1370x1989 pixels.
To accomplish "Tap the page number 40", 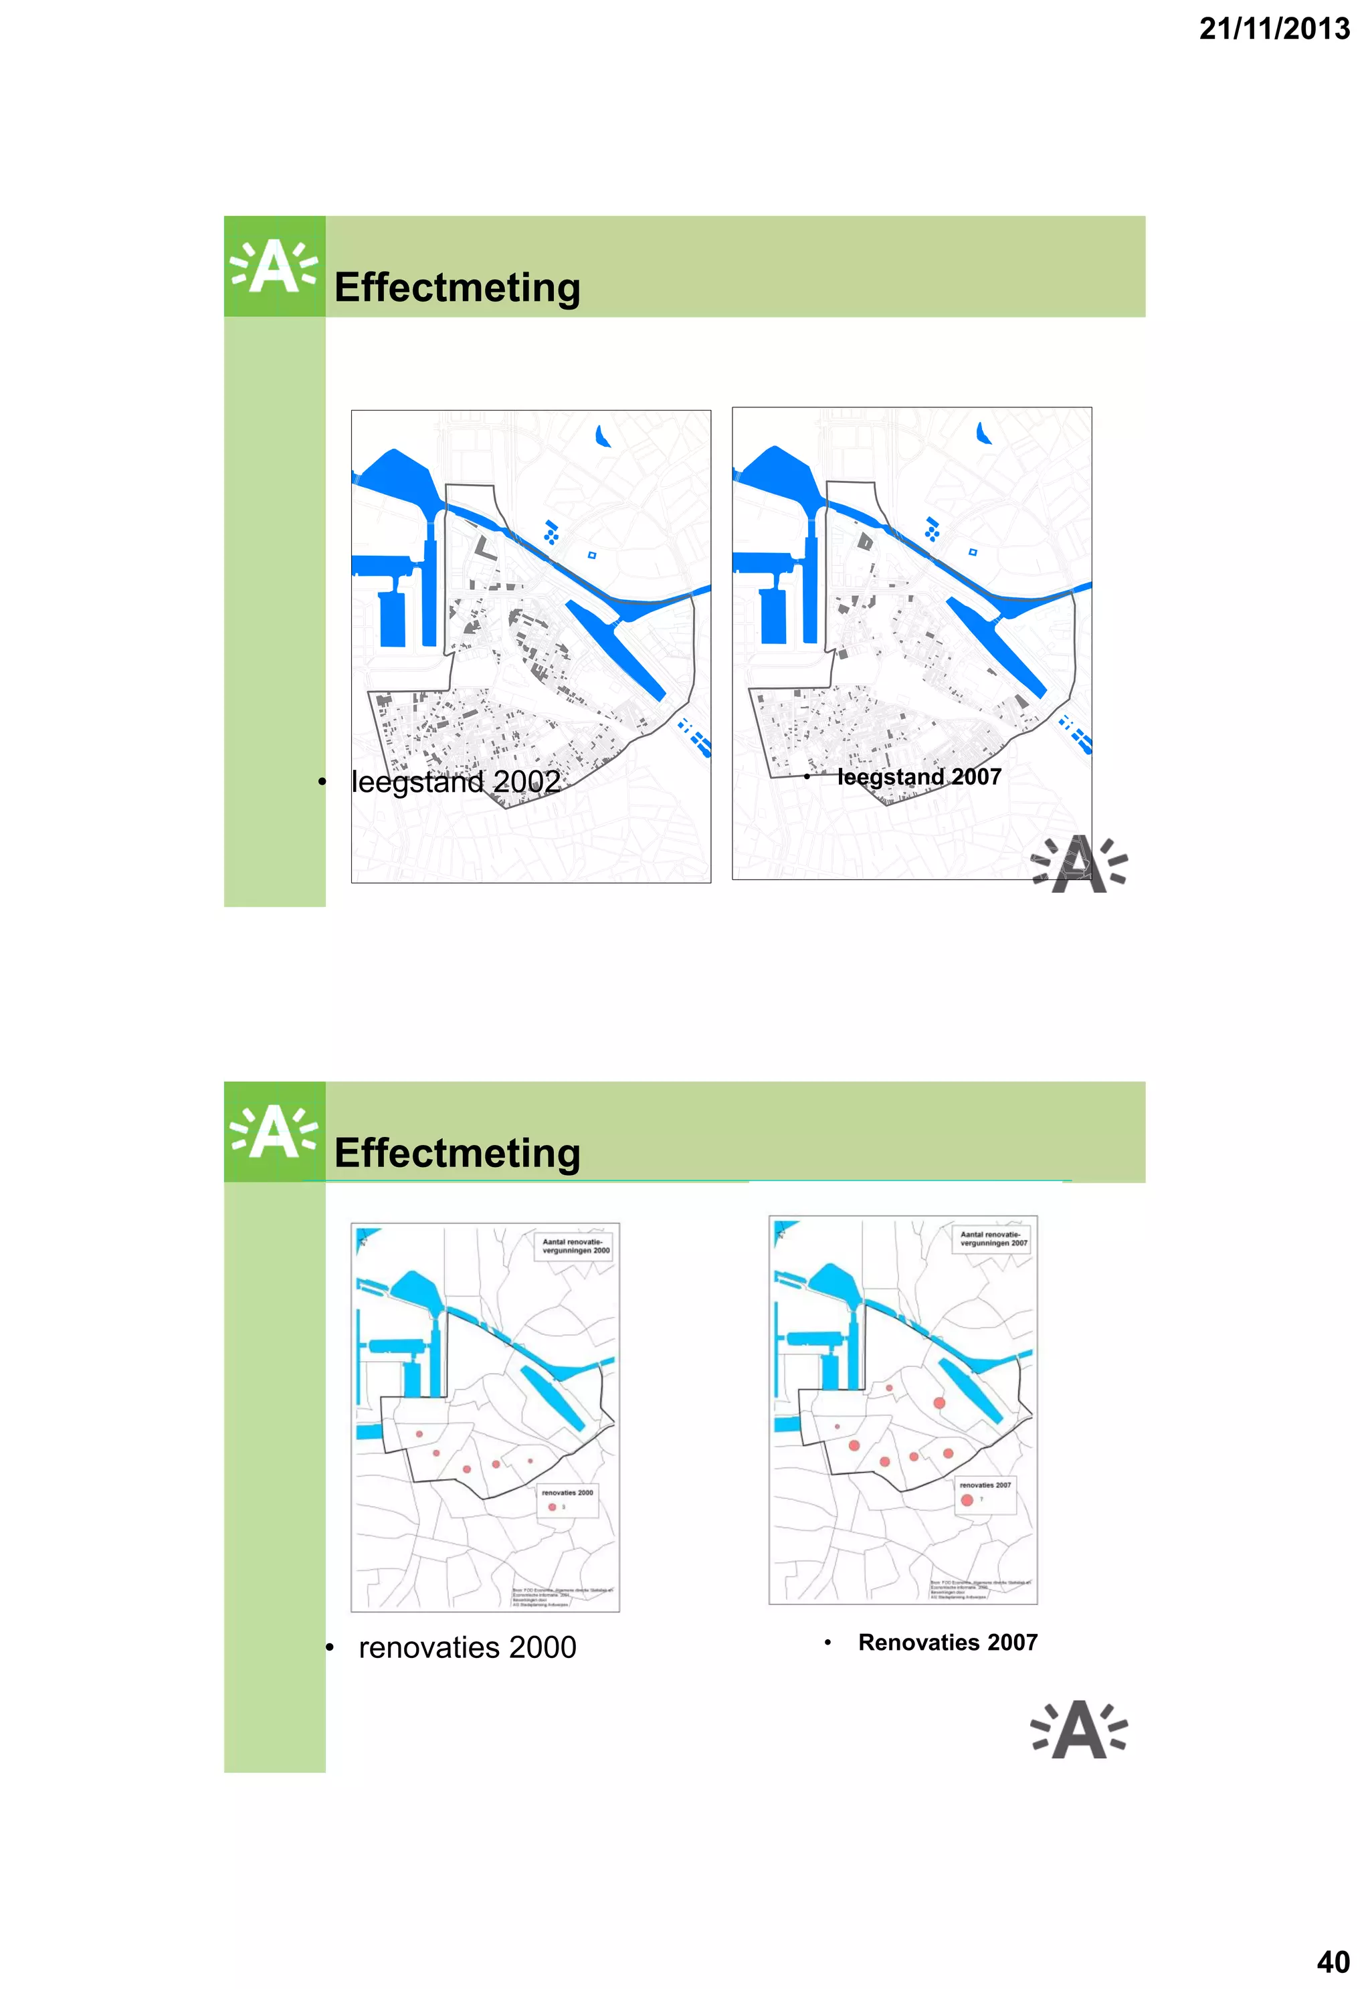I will pos(1333,1962).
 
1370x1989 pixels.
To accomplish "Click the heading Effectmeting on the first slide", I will pos(457,288).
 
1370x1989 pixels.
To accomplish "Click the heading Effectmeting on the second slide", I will pos(457,1152).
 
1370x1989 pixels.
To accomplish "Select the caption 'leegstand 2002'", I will pos(456,782).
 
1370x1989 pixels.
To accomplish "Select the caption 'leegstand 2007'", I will pos(918,776).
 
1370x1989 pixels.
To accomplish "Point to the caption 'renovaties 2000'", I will pos(467,1647).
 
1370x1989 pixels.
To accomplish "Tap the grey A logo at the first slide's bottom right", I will pos(1079,864).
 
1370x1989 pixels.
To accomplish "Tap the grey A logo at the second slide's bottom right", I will pos(1079,1730).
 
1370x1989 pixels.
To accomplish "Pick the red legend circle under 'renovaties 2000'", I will pos(552,1507).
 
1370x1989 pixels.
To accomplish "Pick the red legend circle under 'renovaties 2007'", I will pos(967,1500).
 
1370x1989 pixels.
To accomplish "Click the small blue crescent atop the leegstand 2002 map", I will pos(603,437).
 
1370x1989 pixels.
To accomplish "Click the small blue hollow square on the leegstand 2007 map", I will pos(973,552).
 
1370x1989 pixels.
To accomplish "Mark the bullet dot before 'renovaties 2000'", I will pos(330,1647).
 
